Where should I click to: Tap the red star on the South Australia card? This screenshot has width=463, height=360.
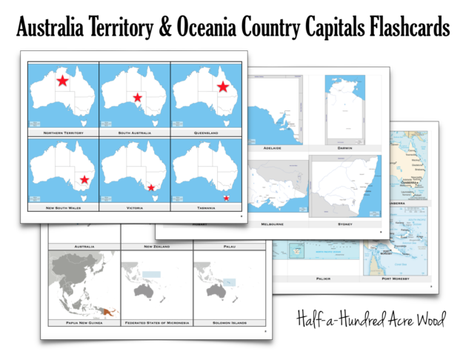[137, 97]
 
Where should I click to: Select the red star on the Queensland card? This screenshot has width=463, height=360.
[222, 87]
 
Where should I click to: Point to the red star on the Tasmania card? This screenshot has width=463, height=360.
[227, 198]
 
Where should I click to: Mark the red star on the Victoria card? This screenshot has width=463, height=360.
[151, 187]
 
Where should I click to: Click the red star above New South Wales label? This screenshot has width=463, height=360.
[85, 179]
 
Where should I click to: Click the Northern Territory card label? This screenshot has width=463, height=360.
[63, 133]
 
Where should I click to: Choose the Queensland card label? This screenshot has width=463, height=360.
[207, 133]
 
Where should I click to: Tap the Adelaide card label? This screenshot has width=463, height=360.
[272, 147]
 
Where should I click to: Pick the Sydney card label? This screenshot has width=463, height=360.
[342, 223]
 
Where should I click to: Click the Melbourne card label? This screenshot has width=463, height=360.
[272, 223]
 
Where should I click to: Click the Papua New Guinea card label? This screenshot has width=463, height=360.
[82, 323]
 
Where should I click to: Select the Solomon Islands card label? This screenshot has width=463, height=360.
[229, 323]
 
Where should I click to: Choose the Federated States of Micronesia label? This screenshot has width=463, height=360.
[156, 323]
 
